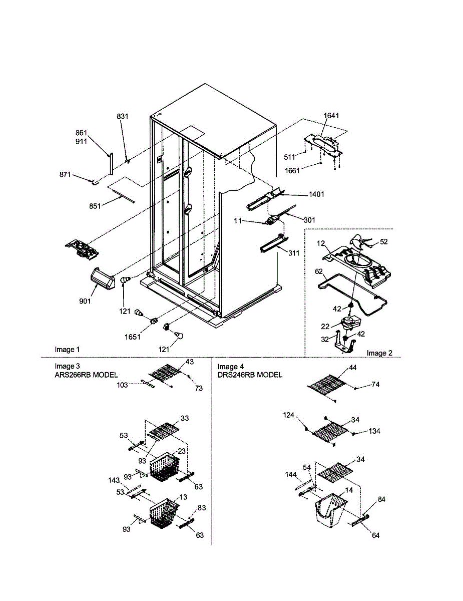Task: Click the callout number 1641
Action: tap(331, 116)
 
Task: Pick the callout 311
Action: tap(293, 253)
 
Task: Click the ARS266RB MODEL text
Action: tap(86, 375)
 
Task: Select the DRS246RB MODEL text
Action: tap(250, 375)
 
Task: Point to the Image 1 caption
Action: tap(67, 349)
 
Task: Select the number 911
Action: tap(81, 141)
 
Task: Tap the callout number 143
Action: tap(115, 480)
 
